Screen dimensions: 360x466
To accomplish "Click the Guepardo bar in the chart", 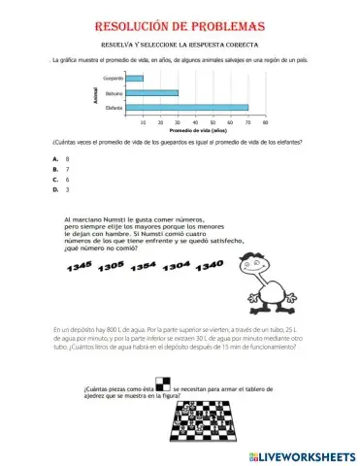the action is pos(135,79).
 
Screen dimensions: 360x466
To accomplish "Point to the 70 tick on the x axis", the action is pos(247,122).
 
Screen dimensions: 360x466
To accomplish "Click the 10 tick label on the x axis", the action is pos(144,122).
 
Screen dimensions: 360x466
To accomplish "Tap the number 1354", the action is pos(145,265).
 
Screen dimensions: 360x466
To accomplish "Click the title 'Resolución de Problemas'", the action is pos(181,26).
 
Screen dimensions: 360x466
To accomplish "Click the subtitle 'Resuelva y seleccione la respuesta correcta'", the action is pos(180,45).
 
